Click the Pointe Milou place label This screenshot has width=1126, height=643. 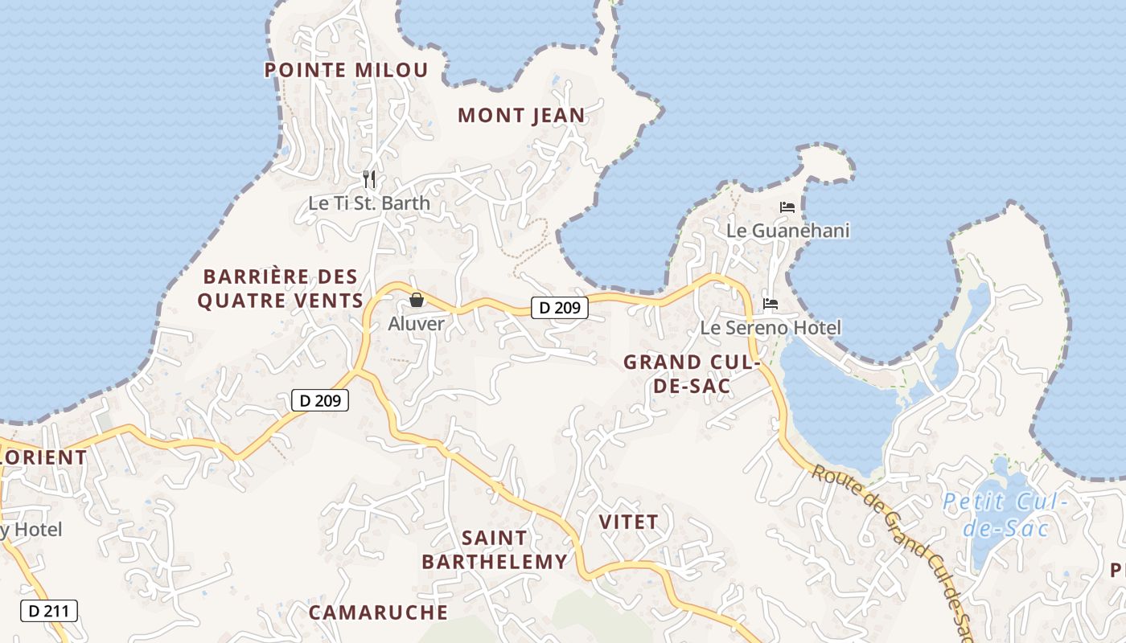(x=346, y=70)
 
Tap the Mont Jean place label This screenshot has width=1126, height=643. (x=521, y=116)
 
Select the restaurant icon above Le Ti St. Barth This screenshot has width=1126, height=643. (x=369, y=178)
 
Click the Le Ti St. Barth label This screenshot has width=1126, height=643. (x=369, y=203)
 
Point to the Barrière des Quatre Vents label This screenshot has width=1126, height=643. (x=280, y=289)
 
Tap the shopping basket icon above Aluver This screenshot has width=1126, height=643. (x=417, y=301)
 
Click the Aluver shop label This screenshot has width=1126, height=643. (x=416, y=324)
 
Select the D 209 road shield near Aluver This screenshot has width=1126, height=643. (x=560, y=307)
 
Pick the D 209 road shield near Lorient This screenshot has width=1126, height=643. (x=320, y=400)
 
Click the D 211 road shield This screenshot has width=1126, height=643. (x=48, y=611)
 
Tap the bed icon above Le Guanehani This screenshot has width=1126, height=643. (x=787, y=207)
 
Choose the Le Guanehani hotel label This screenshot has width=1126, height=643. (x=787, y=231)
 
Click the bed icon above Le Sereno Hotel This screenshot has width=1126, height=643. (x=771, y=304)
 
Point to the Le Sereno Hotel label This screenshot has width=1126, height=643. (x=771, y=328)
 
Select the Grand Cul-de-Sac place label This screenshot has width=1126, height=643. (x=692, y=374)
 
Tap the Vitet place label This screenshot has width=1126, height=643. (x=629, y=522)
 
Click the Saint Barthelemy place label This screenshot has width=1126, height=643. (x=495, y=550)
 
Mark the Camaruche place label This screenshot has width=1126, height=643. (x=378, y=612)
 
